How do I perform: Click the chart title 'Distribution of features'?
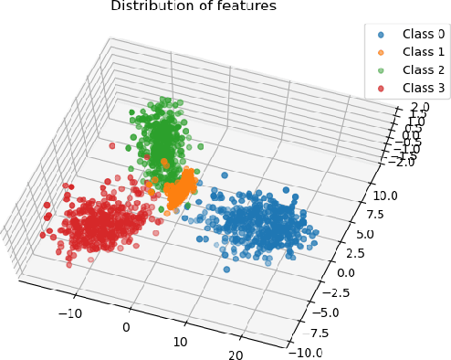pyautogui.click(x=193, y=7)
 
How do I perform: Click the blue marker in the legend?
pyautogui.click(x=381, y=33)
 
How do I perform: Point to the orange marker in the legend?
pyautogui.click(x=381, y=52)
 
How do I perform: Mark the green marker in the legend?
pyautogui.click(x=381, y=70)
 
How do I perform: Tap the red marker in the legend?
pyautogui.click(x=381, y=90)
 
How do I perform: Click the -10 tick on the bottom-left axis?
pyautogui.click(x=69, y=312)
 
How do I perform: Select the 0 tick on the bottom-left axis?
pyautogui.click(x=125, y=327)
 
